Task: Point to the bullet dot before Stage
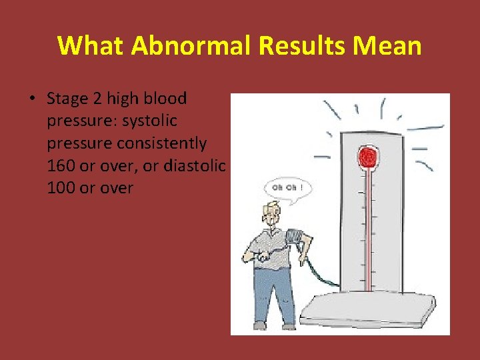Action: [x=32, y=99]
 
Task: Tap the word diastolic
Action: [x=199, y=165]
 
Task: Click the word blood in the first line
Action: [x=167, y=99]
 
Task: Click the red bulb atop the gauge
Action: [x=366, y=158]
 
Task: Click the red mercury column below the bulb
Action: [x=366, y=227]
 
